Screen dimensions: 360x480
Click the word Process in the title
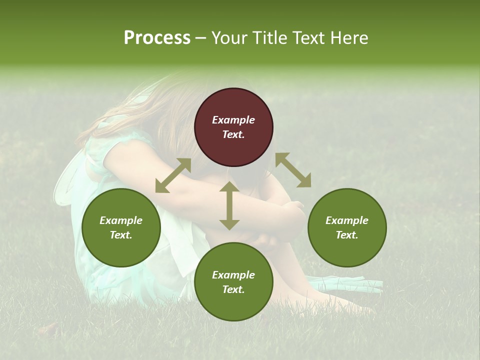157,38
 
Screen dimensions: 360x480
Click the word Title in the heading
270,38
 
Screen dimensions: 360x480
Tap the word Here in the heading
350,38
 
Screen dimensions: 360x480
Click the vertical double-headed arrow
229,205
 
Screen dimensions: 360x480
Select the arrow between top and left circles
173,175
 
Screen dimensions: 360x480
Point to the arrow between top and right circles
293,170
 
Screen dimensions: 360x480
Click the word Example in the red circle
233,120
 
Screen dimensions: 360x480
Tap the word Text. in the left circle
121,235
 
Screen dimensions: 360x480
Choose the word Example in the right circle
347,220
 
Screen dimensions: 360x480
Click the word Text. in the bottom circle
233,289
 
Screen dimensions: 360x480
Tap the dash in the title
201,38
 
